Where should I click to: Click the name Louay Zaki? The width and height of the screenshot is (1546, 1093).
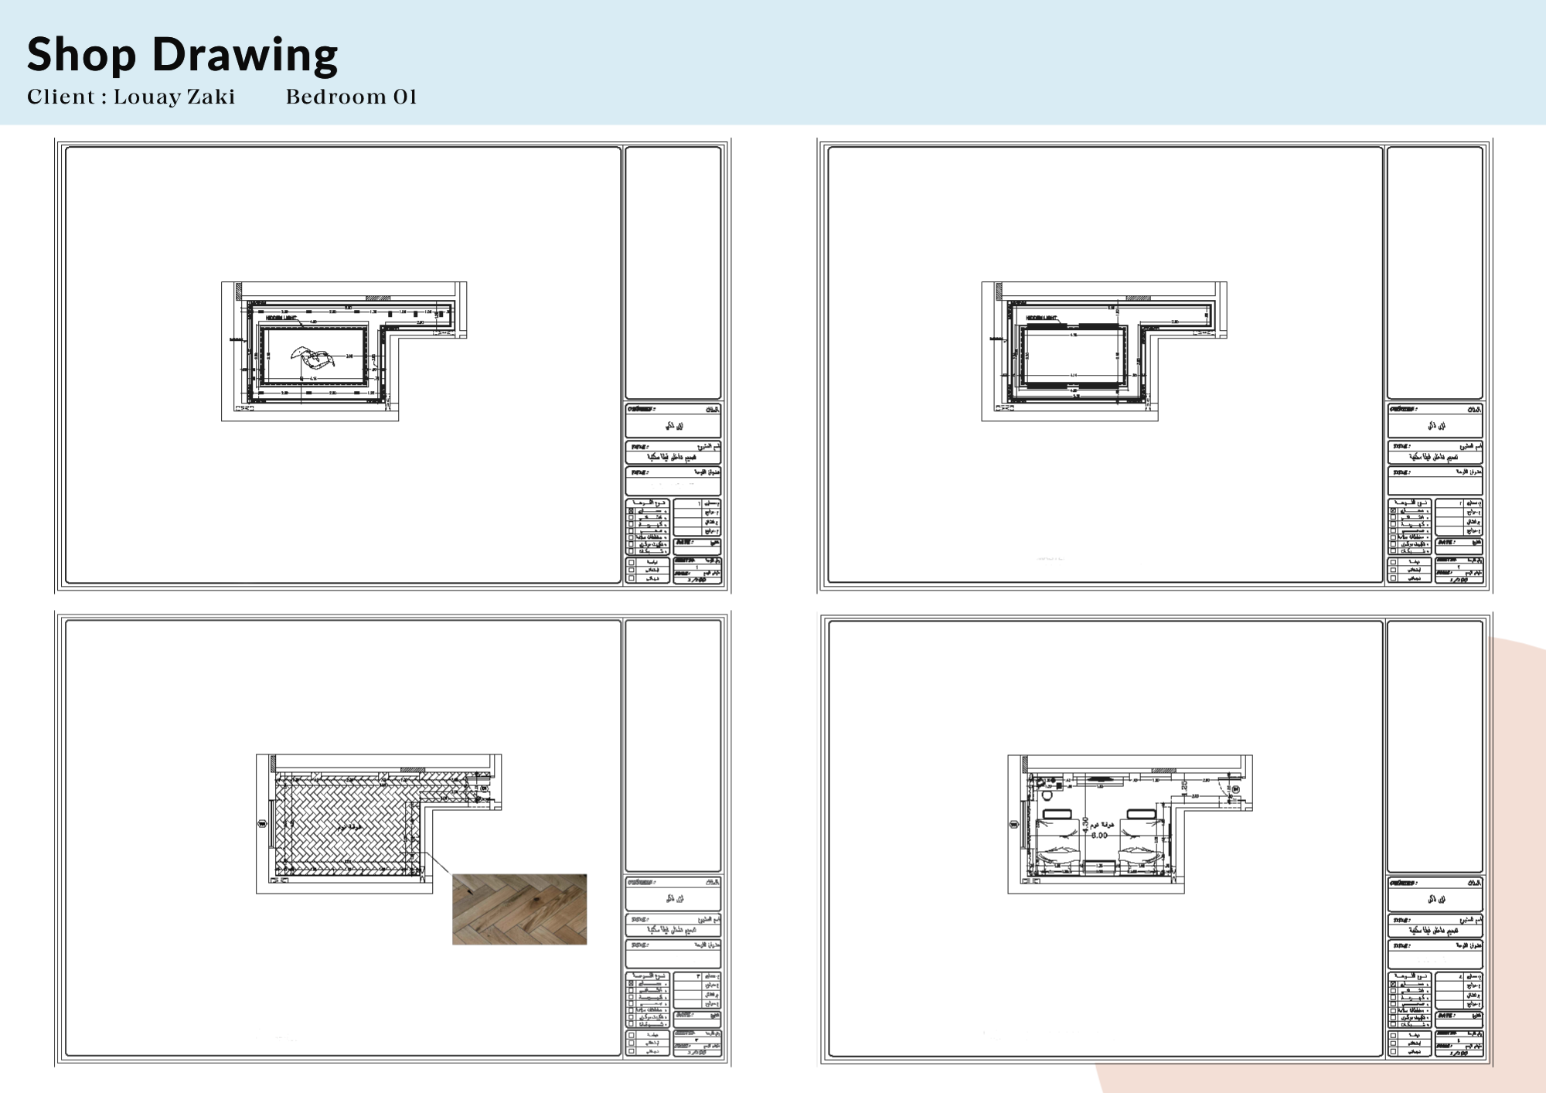[x=174, y=97]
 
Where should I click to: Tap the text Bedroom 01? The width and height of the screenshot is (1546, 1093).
[x=351, y=97]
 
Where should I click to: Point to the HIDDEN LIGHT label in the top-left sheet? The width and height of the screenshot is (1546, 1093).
[x=281, y=318]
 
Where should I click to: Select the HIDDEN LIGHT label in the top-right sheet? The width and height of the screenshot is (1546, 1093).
[x=1041, y=318]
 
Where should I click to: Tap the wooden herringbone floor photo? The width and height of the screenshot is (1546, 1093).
[x=519, y=909]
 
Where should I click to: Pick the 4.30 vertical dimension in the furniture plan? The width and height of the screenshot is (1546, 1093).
[x=1085, y=824]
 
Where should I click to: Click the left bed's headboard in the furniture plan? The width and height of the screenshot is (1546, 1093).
[x=1057, y=813]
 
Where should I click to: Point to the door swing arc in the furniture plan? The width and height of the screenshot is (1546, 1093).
[x=1223, y=791]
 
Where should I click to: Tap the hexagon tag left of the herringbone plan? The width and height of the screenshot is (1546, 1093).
[x=261, y=824]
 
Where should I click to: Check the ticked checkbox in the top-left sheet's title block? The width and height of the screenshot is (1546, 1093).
[x=632, y=511]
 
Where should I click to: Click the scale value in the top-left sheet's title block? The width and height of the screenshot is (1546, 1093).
[x=698, y=579]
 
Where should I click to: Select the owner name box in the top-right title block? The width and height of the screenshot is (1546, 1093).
[x=1435, y=426]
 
